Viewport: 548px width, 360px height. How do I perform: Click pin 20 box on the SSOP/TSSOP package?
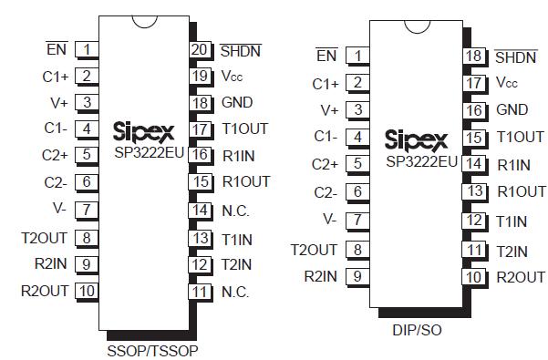coord(201,49)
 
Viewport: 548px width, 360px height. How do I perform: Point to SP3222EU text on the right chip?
coord(421,161)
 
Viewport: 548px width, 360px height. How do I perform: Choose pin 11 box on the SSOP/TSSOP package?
coord(201,292)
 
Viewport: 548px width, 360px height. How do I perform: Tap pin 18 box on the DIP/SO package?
coord(473,57)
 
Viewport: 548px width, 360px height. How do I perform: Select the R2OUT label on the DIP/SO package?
coord(521,276)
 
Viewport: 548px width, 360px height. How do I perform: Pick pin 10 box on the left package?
coord(87,292)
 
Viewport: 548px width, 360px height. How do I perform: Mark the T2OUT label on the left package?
coord(46,239)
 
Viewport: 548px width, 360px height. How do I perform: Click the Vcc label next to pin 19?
coord(232,77)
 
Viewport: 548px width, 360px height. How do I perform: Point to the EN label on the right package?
coord(326,57)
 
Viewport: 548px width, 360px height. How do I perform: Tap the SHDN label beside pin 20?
coord(241,49)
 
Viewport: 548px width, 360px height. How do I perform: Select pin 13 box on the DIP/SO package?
coord(473,191)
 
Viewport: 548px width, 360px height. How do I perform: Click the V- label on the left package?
coord(59,208)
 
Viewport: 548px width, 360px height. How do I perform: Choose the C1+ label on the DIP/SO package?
coord(326,84)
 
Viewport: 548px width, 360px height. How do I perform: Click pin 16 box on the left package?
coord(201,155)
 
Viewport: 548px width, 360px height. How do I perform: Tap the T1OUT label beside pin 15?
coord(520,138)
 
